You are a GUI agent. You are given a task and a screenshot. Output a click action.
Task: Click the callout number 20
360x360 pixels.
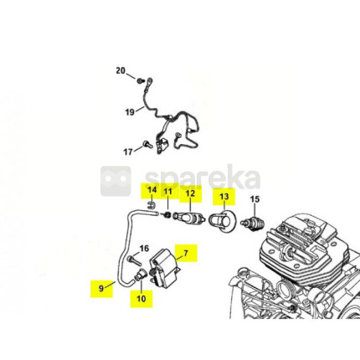[x=121, y=71]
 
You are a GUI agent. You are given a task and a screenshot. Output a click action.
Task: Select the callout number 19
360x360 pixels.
[x=130, y=112]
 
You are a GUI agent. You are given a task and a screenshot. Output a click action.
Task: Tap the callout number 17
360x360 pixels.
[x=128, y=152]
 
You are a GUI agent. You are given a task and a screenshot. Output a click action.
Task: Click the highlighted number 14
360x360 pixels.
[x=152, y=190]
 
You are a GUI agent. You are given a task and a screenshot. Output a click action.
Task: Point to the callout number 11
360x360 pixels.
[x=167, y=192]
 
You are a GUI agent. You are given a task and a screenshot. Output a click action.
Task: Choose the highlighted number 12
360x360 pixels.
[x=190, y=193]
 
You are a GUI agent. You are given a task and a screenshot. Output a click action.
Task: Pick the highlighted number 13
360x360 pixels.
[x=224, y=197]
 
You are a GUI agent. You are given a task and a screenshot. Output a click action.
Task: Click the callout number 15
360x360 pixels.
[x=255, y=199]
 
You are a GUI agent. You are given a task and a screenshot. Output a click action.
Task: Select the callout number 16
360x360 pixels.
[x=144, y=248]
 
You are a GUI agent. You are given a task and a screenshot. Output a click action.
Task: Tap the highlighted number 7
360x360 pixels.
[x=186, y=253]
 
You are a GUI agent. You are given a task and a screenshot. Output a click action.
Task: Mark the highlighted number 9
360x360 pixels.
[x=101, y=288]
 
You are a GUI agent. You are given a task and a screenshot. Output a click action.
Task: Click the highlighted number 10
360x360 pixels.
[x=141, y=298]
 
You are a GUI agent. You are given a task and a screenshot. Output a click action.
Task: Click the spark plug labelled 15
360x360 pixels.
[x=253, y=224]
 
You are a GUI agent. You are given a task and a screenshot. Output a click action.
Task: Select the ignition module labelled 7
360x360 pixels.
[x=164, y=268]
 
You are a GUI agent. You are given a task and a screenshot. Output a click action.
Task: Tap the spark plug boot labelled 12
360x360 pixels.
[x=189, y=219]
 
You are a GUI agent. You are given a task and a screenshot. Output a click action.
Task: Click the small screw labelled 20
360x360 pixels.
[x=140, y=81]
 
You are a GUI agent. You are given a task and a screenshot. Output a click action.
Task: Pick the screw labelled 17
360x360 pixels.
[x=147, y=144]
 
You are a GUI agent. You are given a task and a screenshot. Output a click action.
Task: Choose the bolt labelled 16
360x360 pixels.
[x=135, y=260]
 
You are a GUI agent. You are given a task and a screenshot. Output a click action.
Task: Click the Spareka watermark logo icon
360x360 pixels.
[x=116, y=181]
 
